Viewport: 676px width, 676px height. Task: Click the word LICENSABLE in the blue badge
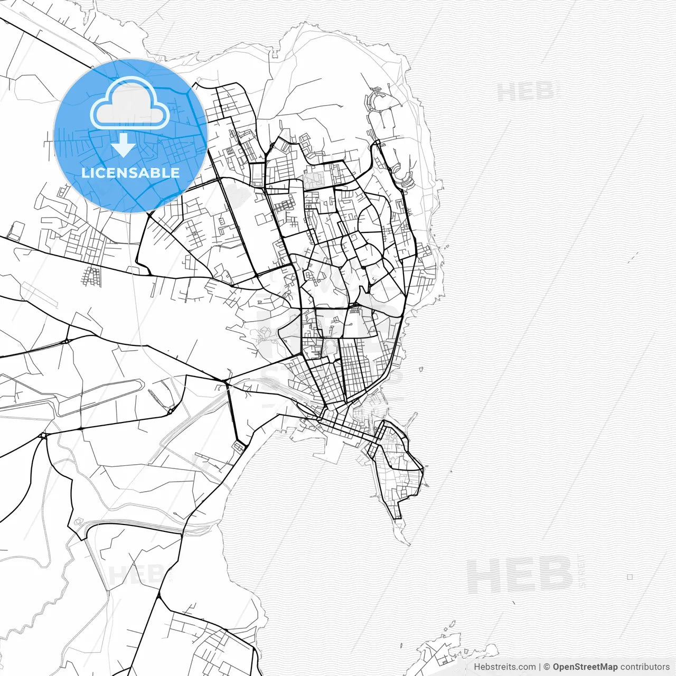(x=130, y=173)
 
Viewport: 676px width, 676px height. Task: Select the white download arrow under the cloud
(x=123, y=145)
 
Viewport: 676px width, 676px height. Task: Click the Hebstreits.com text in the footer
(x=504, y=667)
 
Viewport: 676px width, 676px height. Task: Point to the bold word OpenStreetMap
(x=585, y=667)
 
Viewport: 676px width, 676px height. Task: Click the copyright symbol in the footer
(x=547, y=667)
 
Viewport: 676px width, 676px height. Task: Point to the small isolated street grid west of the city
(x=91, y=276)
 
